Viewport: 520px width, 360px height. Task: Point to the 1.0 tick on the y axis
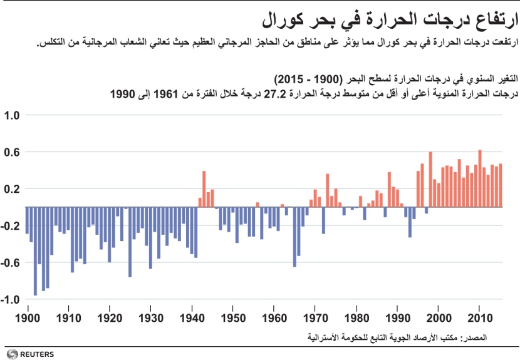pos(13,116)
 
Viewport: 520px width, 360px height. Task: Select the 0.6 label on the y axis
pos(13,152)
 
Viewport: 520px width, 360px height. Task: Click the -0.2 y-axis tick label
pos(12,226)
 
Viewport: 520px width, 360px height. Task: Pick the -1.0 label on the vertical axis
pos(12,299)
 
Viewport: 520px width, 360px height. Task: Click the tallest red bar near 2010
pos(480,178)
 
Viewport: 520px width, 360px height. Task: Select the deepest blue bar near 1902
pos(35,250)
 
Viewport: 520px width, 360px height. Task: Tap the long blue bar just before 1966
pos(294,237)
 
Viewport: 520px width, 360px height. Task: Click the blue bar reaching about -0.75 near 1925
pos(130,242)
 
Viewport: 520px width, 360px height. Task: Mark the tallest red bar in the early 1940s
pos(204,188)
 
